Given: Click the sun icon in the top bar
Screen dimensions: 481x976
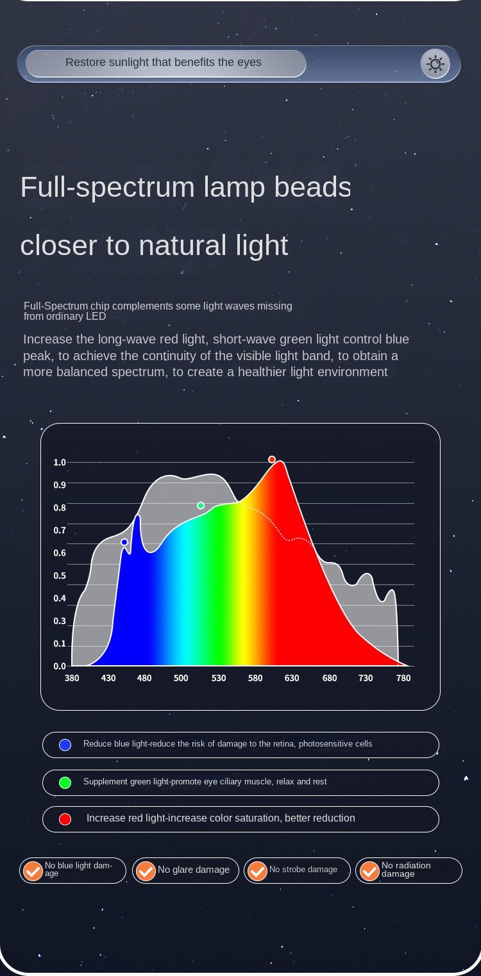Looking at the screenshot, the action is coord(435,64).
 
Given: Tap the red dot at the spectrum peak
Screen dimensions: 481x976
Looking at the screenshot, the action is coord(272,459).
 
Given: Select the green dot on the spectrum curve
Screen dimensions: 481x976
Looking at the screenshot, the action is coord(201,506).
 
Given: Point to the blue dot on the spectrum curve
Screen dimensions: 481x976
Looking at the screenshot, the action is coord(124,542).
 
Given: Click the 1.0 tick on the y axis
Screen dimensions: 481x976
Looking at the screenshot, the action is coord(60,462).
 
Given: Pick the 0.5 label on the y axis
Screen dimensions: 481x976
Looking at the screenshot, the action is coord(60,575).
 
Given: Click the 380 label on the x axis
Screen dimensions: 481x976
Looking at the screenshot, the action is coord(72,678).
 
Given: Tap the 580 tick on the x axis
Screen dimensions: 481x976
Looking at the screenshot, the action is coord(255,678).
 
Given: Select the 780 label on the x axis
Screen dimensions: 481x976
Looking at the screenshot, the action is coord(403,678).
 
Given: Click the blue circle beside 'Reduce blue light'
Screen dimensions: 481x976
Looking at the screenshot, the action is coord(65,745).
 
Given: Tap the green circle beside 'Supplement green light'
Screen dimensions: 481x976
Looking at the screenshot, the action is coord(65,782).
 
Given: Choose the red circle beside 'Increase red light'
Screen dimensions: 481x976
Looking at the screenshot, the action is coord(65,819).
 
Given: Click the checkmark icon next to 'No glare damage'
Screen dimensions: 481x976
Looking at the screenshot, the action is coord(146,871).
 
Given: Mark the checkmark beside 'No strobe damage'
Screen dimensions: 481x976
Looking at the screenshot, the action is coord(257,871).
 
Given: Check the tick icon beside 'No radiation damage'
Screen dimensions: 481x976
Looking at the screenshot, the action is coord(369,871).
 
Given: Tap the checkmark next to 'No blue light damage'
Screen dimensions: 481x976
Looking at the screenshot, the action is coord(33,871).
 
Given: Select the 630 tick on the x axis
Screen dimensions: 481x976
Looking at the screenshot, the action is coord(292,678).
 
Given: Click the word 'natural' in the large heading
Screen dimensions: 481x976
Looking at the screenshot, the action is coord(182,245).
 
